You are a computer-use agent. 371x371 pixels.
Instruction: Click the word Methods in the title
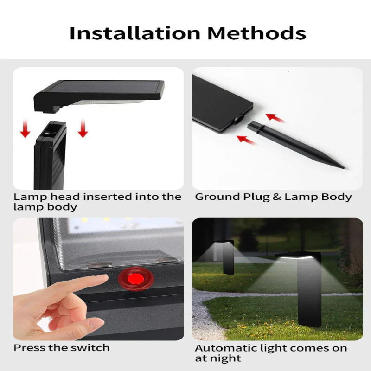pyautogui.click(x=256, y=33)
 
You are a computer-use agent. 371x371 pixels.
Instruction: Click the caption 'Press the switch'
pyautogui.click(x=62, y=347)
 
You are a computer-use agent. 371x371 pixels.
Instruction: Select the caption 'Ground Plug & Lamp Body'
pyautogui.click(x=273, y=197)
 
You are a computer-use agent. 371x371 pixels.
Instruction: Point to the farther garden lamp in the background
pyautogui.click(x=227, y=255)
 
